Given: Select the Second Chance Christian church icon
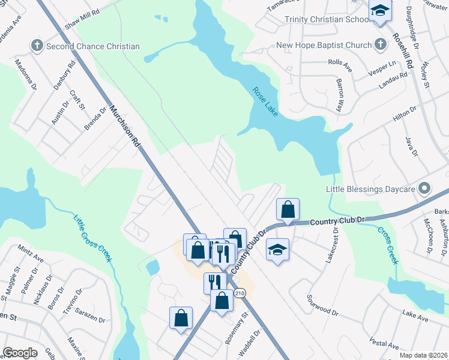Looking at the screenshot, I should pyautogui.click(x=37, y=46).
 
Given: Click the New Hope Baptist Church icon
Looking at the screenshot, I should pyautogui.click(x=380, y=45).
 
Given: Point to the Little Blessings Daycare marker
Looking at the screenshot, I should pyautogui.click(x=425, y=189).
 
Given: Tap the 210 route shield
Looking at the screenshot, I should pyautogui.click(x=240, y=293).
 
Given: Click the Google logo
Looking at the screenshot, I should pyautogui.click(x=20, y=353).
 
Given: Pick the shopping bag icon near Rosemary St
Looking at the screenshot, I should pyautogui.click(x=221, y=301).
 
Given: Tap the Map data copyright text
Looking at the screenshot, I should pyautogui.click(x=423, y=355).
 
